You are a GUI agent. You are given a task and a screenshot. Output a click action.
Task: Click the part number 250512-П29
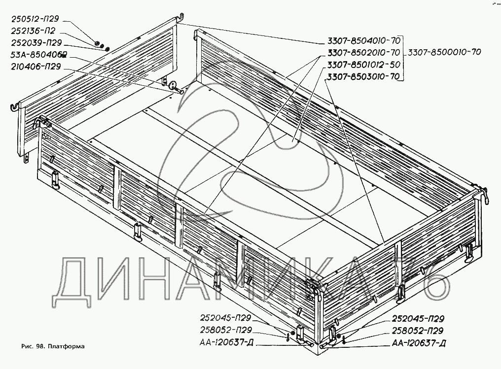(x=35, y=19)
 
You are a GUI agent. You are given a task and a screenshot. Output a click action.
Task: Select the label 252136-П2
(x=33, y=31)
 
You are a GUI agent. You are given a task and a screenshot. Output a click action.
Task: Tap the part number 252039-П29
(x=36, y=43)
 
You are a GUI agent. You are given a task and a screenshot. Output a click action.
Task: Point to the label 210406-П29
(x=36, y=67)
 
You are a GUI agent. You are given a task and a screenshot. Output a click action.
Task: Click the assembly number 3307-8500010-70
(x=444, y=52)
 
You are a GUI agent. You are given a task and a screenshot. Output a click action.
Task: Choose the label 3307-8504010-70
(x=363, y=40)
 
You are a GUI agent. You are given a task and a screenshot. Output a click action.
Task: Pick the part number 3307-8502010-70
(x=363, y=52)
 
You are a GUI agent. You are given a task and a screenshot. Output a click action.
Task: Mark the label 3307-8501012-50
(x=363, y=65)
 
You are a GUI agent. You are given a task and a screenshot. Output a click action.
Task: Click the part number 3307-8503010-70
(x=363, y=77)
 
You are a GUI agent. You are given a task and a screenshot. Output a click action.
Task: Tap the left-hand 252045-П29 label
(x=225, y=318)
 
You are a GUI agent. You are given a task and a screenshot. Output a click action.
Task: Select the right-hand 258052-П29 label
(x=418, y=331)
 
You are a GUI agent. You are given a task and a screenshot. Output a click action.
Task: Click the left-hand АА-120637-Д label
(x=226, y=342)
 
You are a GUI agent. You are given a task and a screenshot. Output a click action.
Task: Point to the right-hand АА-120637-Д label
(x=419, y=343)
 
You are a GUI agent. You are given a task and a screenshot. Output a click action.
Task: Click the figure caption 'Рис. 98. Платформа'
(x=53, y=346)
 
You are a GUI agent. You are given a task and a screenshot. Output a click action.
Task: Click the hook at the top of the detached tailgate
(x=180, y=17)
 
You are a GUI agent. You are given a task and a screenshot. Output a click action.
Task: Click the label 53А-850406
(x=38, y=55)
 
